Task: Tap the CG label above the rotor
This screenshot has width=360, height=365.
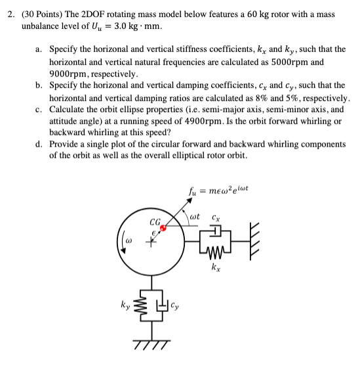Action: pyautogui.click(x=155, y=221)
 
